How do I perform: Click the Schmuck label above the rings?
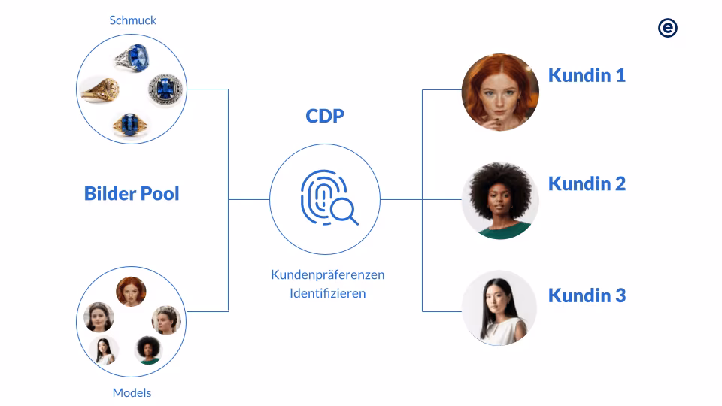click(x=132, y=20)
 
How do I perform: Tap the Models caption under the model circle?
click(x=132, y=392)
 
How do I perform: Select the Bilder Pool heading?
click(x=132, y=194)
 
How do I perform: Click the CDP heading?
click(x=325, y=116)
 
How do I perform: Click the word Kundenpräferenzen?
click(x=327, y=274)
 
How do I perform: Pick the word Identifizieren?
click(x=327, y=293)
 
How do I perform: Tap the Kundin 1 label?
click(x=587, y=75)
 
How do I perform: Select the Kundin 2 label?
click(x=587, y=183)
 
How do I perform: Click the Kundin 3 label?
click(x=587, y=295)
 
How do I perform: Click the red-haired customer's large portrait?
click(x=500, y=91)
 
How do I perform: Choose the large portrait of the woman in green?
click(x=500, y=201)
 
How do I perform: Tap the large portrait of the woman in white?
click(x=500, y=308)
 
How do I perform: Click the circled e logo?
click(x=667, y=28)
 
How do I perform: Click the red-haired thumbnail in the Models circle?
click(x=131, y=292)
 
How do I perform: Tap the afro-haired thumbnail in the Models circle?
click(x=147, y=349)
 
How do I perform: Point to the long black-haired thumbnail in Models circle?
click(x=104, y=350)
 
